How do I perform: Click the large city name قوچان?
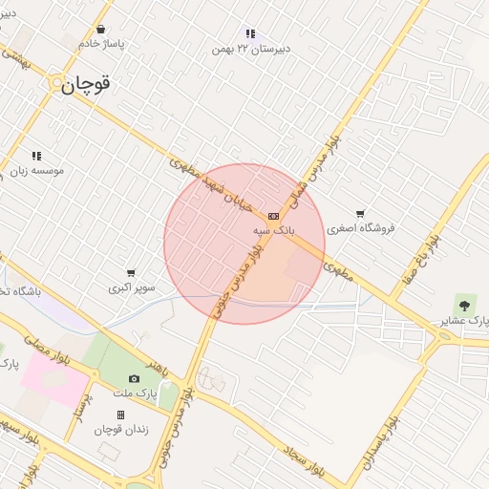(87, 85)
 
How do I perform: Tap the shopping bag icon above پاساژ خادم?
(100, 29)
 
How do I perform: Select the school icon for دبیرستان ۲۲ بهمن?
(250, 33)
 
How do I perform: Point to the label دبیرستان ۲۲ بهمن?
(251, 48)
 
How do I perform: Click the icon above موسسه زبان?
(36, 156)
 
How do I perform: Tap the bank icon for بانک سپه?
(273, 216)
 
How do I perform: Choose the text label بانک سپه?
(274, 230)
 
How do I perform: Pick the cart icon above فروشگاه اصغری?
(359, 214)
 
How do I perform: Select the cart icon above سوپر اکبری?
(131, 272)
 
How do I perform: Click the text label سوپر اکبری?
(131, 287)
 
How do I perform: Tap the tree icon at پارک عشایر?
(464, 306)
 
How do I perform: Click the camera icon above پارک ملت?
(133, 379)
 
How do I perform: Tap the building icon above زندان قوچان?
(120, 415)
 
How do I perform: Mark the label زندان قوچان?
(120, 429)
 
